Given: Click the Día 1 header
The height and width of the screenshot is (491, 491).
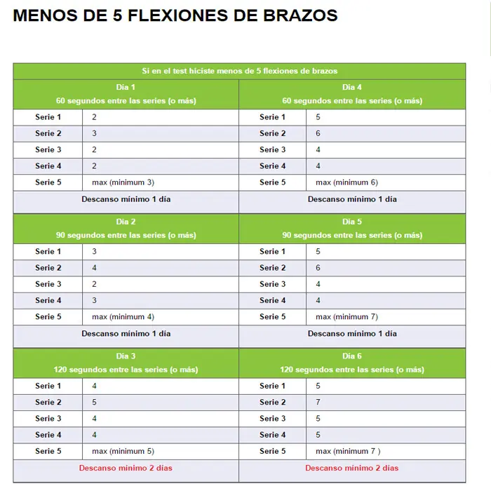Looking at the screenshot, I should pyautogui.click(x=126, y=88).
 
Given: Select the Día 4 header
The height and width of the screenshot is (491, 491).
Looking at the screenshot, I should pyautogui.click(x=352, y=88).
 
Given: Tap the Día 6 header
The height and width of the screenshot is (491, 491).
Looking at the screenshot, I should pyautogui.click(x=352, y=356).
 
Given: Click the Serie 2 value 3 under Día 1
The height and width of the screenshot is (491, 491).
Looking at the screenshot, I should pyautogui.click(x=94, y=133).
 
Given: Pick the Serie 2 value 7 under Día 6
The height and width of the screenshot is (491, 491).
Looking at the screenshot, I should pyautogui.click(x=318, y=403).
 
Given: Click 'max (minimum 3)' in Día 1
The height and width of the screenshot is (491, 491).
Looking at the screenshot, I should pyautogui.click(x=123, y=182).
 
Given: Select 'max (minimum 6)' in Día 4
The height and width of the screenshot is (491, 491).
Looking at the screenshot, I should pyautogui.click(x=347, y=182).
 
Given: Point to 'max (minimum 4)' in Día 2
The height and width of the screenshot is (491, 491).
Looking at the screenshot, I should pyautogui.click(x=123, y=317).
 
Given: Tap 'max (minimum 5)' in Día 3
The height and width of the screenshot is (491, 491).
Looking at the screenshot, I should pyautogui.click(x=123, y=451).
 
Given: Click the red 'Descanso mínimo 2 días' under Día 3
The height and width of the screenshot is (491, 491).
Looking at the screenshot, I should pyautogui.click(x=126, y=468).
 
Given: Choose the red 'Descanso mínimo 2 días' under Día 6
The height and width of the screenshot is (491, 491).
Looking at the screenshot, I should pyautogui.click(x=351, y=468).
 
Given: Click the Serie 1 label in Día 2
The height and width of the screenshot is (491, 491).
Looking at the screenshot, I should pyautogui.click(x=48, y=252).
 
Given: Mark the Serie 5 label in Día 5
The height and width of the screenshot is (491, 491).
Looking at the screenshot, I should pyautogui.click(x=273, y=317).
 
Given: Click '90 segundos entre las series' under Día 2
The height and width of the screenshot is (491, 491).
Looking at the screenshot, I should pyautogui.click(x=126, y=236).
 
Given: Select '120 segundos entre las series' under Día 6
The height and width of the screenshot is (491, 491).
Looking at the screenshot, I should pyautogui.click(x=352, y=370).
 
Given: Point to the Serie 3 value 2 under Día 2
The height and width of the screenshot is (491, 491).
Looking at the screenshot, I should pyautogui.click(x=94, y=284).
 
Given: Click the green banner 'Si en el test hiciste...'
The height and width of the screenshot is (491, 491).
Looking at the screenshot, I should pyautogui.click(x=239, y=71).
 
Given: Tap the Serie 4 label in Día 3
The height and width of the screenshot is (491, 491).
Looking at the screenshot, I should pyautogui.click(x=48, y=435).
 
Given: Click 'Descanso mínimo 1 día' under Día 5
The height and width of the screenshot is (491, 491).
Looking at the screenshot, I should pyautogui.click(x=352, y=334).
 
